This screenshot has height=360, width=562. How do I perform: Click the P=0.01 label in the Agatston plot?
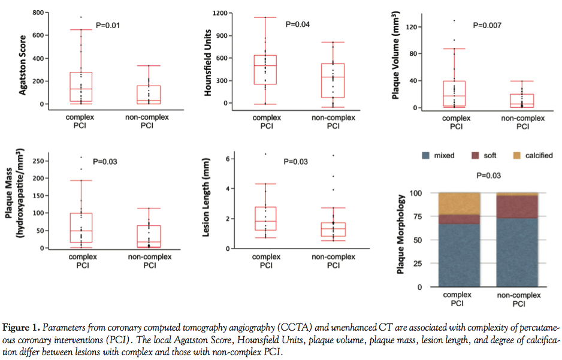(x=110, y=26)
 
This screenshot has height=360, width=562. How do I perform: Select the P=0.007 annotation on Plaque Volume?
(x=487, y=25)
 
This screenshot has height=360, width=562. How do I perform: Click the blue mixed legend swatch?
(x=425, y=156)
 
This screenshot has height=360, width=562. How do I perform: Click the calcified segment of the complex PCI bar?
(x=458, y=204)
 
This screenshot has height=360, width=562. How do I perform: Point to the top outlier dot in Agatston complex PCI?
(x=81, y=17)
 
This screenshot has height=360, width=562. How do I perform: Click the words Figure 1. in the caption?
(x=20, y=327)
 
